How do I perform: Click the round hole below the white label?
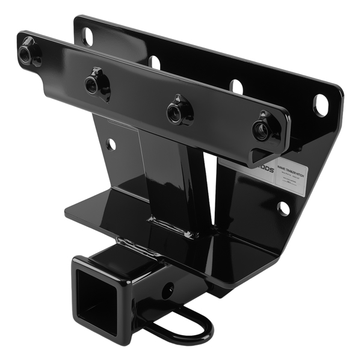coord(283,208)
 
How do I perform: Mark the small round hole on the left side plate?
coord(111,144)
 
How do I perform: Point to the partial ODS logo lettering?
coord(265,171)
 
